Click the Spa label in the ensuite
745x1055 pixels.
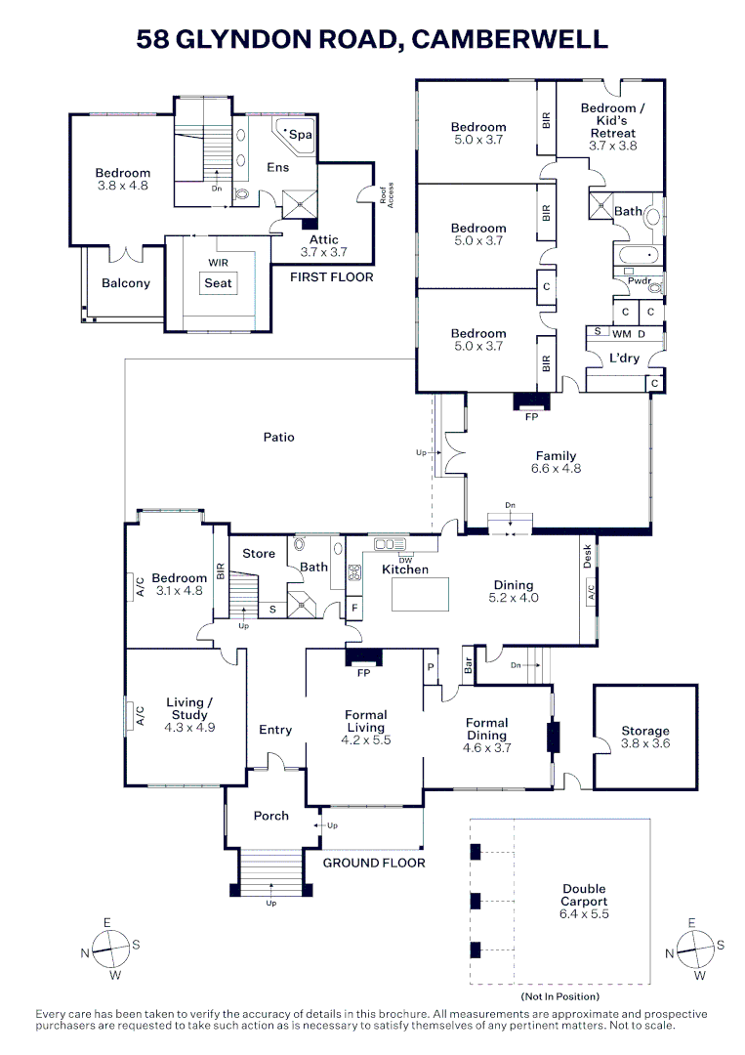pos(302,135)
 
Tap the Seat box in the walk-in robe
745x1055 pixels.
pos(219,283)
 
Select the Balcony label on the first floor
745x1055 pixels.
pos(126,283)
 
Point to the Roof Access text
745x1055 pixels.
pos(388,196)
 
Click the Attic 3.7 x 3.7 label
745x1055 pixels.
pos(323,245)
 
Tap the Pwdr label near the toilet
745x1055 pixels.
pos(639,280)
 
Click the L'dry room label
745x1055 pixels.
pos(625,358)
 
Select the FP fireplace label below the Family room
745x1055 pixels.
pos(532,415)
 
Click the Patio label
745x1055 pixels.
pos(278,437)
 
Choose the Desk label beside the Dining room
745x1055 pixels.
pos(587,556)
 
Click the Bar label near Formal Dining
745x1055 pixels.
pos(468,668)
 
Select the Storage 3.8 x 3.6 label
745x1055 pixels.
pos(645,737)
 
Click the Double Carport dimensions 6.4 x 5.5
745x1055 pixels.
pos(584,914)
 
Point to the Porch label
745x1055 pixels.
pos(271,816)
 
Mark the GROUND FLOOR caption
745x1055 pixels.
pos(374,863)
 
